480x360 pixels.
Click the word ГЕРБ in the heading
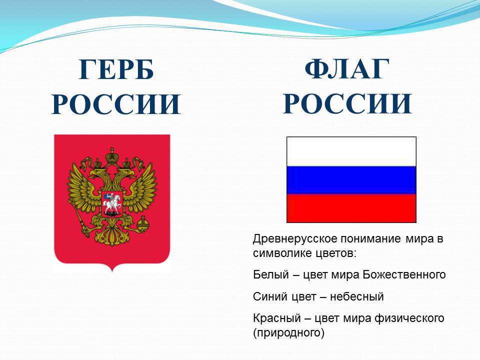tap(116, 69)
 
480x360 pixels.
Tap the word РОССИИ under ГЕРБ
tap(116, 104)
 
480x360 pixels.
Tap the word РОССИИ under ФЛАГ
tap(347, 103)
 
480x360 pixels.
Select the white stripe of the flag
tap(351, 152)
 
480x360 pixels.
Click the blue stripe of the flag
tap(351, 180)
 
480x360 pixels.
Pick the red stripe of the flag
tap(351, 208)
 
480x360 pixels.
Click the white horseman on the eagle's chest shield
tap(111, 203)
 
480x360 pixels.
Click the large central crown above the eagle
tap(112, 156)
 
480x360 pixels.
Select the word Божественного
tap(404, 275)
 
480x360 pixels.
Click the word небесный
tap(356, 297)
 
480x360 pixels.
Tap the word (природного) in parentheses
tap(288, 333)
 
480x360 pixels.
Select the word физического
tap(409, 318)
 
